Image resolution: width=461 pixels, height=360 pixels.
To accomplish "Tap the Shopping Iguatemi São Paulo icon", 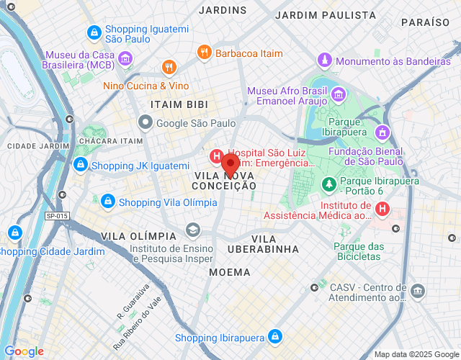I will (x=94, y=33).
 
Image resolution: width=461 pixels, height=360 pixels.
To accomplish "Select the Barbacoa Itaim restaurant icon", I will (x=205, y=53).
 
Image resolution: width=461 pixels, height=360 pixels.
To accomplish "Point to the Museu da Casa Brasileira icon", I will (x=126, y=58).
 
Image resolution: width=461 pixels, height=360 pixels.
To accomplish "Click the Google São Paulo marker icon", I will (x=146, y=123).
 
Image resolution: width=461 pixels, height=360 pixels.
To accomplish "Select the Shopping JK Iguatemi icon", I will (x=81, y=166).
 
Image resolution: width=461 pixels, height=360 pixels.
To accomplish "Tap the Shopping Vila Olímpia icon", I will (x=108, y=201).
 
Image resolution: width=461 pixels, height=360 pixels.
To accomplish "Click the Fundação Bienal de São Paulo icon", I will (x=382, y=132).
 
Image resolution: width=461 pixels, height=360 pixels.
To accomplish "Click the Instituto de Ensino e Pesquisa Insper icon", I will (x=192, y=230).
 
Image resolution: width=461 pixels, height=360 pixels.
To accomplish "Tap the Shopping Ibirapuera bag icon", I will (x=274, y=336).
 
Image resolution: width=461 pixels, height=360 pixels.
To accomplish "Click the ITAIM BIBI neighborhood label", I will (x=179, y=104).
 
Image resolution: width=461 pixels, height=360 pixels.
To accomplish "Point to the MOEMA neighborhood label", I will (x=230, y=273).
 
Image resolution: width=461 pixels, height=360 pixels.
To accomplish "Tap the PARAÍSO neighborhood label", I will (x=426, y=22).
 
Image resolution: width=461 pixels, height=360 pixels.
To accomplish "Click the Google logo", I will (x=23, y=351).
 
